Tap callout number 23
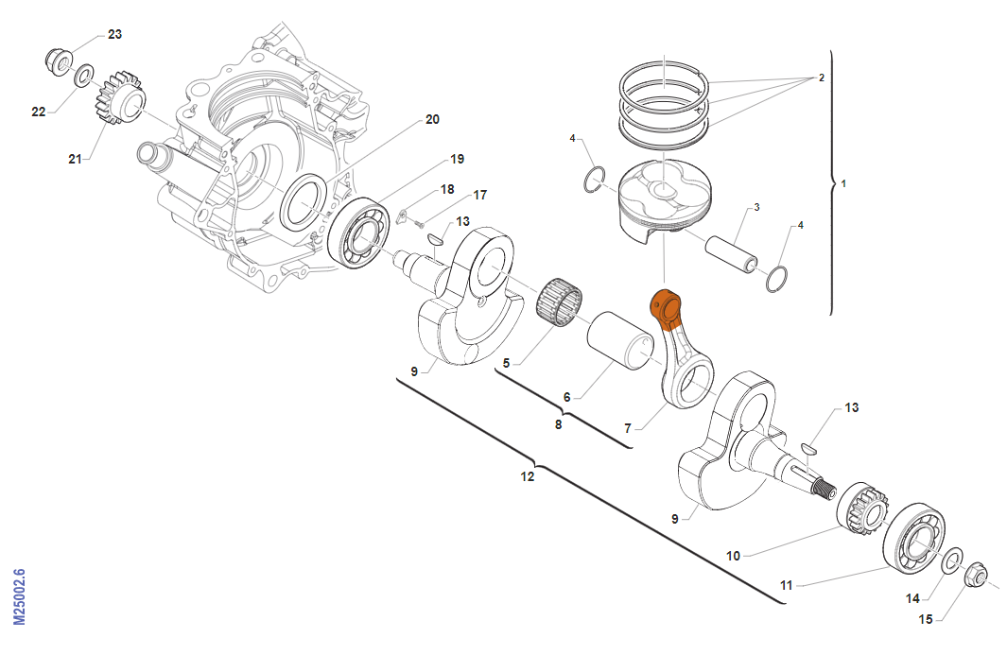[x=114, y=34]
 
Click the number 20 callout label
[x=432, y=120]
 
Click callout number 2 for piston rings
[x=822, y=78]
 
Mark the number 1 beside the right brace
[x=843, y=182]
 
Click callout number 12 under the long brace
[x=528, y=477]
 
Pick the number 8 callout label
[x=559, y=425]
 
